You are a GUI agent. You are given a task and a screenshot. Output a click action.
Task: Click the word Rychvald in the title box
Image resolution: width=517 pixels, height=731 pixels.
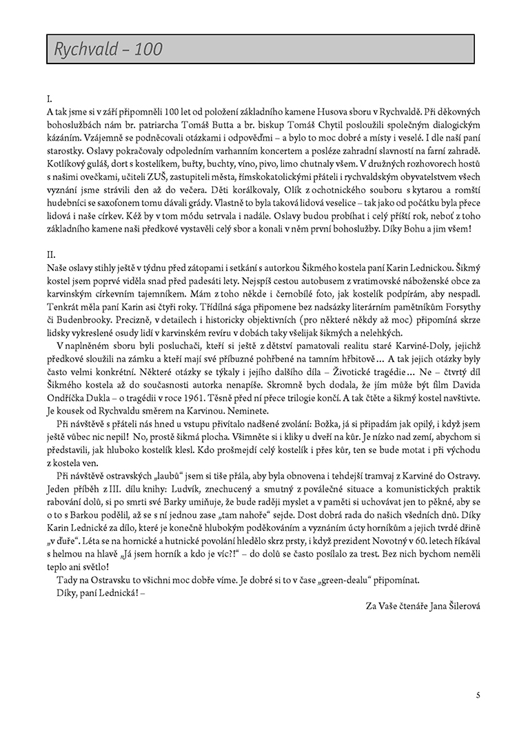[x=84, y=50]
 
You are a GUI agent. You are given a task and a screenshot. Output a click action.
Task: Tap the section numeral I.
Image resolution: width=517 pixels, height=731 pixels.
[x=50, y=99]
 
